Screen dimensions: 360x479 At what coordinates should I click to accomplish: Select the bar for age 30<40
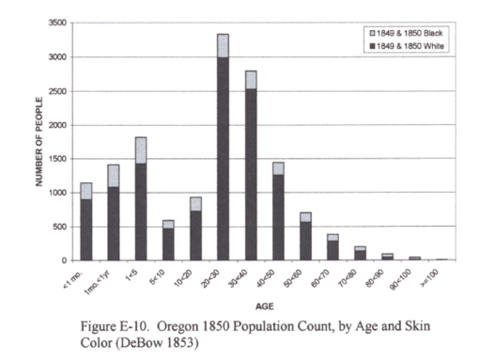[250, 169]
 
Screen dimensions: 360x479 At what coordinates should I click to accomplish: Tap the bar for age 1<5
[140, 197]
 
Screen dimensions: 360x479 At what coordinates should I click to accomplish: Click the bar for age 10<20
[194, 230]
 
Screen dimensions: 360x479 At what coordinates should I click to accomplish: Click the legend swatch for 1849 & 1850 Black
[372, 33]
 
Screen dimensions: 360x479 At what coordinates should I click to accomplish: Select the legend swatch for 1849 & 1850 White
[372, 45]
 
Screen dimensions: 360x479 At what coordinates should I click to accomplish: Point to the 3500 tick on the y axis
[56, 23]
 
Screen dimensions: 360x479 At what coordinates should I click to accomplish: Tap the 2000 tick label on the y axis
[56, 125]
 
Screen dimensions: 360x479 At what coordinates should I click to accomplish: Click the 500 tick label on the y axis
[59, 227]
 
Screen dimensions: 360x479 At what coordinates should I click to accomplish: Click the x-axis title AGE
[263, 306]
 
